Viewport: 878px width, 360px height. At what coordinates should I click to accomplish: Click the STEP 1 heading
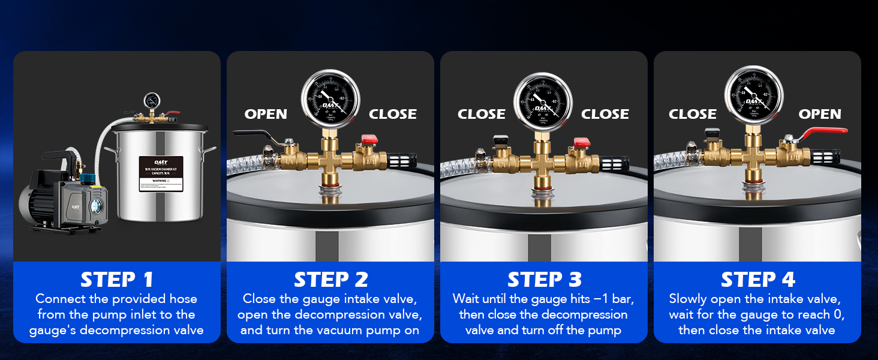click(117, 280)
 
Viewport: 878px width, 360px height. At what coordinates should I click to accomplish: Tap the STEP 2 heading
click(330, 280)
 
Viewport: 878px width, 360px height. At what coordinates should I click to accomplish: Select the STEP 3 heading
click(544, 280)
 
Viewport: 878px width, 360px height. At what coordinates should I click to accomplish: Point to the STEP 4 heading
click(757, 280)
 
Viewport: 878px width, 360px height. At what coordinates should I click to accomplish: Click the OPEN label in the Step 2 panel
click(266, 114)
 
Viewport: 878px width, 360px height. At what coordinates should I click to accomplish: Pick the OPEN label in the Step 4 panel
click(820, 114)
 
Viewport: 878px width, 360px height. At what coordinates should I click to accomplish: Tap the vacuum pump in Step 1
click(60, 195)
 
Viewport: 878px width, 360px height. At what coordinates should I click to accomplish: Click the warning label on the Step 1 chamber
click(161, 174)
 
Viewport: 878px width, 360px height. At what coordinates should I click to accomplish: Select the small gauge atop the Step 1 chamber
click(151, 100)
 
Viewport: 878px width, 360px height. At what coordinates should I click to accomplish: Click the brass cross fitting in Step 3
click(544, 161)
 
